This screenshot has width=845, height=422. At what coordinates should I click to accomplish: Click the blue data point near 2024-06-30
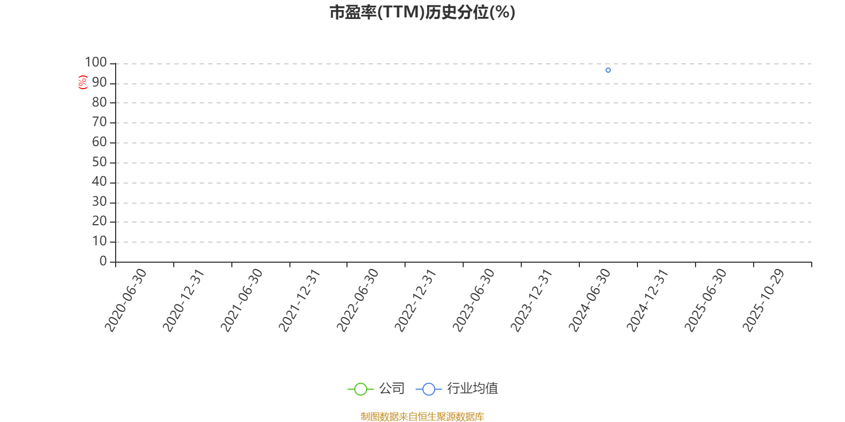pos(608,70)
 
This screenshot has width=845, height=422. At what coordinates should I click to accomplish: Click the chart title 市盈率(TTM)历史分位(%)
pos(422,12)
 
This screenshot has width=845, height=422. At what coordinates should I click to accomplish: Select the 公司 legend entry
pos(376,388)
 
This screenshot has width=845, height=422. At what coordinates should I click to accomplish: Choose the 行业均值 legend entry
pos(457,388)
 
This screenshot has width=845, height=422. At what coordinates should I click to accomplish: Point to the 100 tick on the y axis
pos(96,62)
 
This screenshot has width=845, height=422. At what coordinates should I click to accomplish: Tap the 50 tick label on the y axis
pos(100,162)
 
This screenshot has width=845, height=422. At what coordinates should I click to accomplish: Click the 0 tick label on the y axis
pos(103,261)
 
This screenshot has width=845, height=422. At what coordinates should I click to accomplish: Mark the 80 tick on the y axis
pos(100,102)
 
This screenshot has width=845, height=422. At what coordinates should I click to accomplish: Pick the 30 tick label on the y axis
pos(100,202)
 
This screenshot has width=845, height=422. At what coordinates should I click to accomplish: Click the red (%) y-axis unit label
pos(82,82)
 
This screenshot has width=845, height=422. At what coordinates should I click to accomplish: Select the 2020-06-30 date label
pos(125,300)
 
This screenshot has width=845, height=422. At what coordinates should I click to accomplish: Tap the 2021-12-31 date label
pos(299,300)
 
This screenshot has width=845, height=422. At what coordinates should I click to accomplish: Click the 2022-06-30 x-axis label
pos(357,300)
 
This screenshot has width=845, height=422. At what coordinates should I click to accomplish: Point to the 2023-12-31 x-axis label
pos(531,300)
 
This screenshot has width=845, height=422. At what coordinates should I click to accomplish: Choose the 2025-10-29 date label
pos(763,300)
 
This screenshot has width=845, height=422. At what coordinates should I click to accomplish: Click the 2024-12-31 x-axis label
pos(647,300)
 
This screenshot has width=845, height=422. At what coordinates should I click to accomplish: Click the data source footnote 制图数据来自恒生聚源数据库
pos(422,416)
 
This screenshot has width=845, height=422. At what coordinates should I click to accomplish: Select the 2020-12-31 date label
pos(183,300)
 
